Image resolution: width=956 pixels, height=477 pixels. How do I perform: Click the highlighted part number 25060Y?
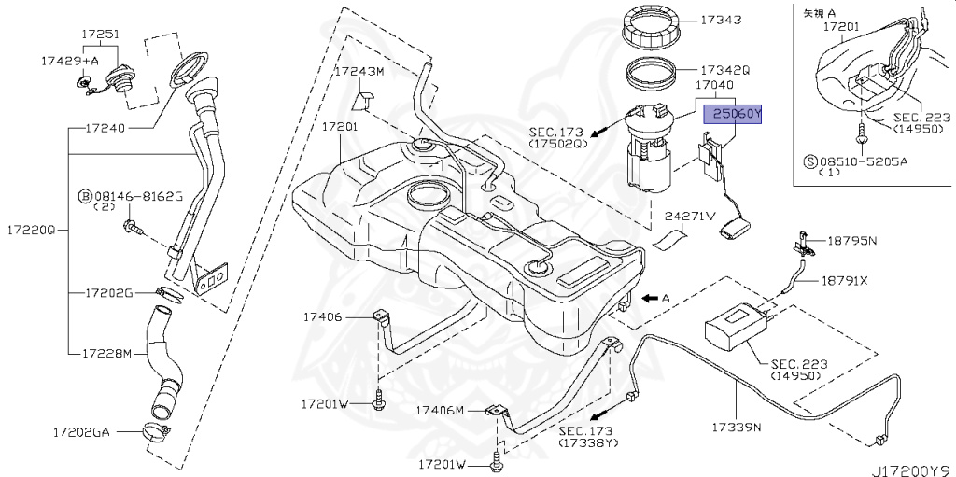(733, 114)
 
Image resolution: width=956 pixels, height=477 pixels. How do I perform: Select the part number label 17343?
(720, 20)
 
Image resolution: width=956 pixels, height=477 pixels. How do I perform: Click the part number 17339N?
(738, 428)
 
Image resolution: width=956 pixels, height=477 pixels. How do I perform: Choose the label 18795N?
(851, 241)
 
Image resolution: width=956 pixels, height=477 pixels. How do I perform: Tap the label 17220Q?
(29, 229)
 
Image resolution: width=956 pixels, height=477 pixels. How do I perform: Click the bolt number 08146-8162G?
(137, 196)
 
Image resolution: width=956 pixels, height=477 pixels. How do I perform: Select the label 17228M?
(108, 354)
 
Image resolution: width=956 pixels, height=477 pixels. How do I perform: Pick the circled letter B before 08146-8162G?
(84, 196)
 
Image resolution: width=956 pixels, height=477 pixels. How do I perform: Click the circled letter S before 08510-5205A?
(810, 160)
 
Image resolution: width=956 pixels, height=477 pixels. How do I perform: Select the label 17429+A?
(69, 60)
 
